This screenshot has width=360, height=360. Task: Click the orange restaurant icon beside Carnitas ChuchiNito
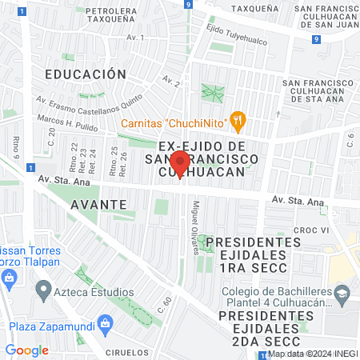tap(237, 122)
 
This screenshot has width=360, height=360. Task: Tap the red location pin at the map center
tap(180, 167)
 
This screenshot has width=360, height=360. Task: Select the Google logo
tap(26, 350)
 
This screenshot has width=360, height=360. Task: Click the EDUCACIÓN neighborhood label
tap(86, 74)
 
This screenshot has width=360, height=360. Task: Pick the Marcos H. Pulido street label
tap(66, 122)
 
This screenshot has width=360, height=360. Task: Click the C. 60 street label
tap(165, 306)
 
